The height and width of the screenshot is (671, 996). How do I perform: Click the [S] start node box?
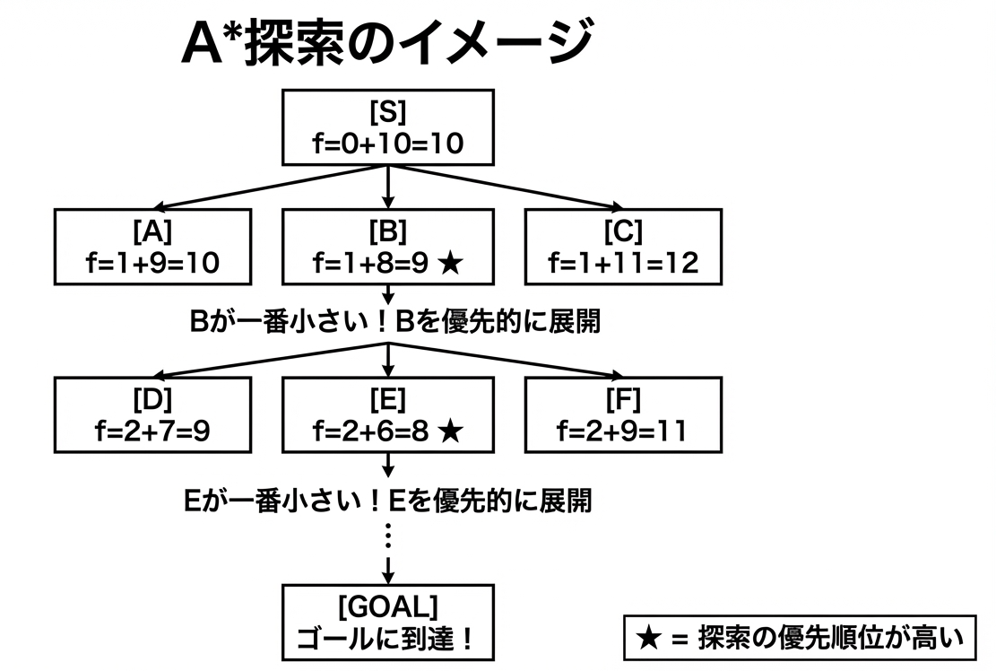[x=388, y=127]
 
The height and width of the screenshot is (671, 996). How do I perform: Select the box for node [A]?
[x=152, y=246]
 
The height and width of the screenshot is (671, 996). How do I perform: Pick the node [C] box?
[x=623, y=246]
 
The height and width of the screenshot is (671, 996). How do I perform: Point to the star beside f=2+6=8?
[x=451, y=431]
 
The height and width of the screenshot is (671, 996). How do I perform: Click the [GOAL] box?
[x=388, y=622]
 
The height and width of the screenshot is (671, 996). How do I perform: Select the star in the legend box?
[x=647, y=639]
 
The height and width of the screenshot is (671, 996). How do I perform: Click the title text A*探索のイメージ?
[x=387, y=45]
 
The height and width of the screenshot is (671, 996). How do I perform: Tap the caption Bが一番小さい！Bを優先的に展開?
[x=394, y=322]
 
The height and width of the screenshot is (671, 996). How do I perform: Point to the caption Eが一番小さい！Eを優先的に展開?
[x=387, y=500]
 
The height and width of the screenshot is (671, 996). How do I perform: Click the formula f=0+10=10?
[x=388, y=143]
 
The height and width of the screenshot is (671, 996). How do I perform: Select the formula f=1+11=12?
[x=623, y=262]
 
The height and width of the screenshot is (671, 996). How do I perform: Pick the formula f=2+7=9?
[x=152, y=431]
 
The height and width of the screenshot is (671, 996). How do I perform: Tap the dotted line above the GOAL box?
[x=388, y=536]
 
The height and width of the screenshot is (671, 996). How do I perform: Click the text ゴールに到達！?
[x=388, y=639]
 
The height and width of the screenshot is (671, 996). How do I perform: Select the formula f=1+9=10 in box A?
[x=152, y=262]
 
